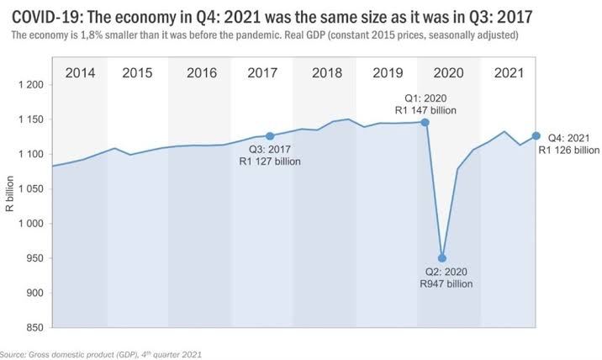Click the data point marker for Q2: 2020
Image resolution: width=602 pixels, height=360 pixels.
pyautogui.click(x=442, y=258)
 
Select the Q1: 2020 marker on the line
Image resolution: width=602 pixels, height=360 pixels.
pyautogui.click(x=425, y=122)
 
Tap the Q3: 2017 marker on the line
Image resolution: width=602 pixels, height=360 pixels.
pyautogui.click(x=270, y=135)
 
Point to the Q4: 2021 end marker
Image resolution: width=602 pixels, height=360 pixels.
pyautogui.click(x=536, y=135)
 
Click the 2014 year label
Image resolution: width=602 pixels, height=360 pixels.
pyautogui.click(x=81, y=72)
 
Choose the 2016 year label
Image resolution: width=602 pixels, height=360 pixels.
pyautogui.click(x=202, y=72)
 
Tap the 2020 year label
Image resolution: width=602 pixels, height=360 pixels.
pyautogui.click(x=449, y=72)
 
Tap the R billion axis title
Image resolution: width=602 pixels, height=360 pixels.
pyautogui.click(x=10, y=206)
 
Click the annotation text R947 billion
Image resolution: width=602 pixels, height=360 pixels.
pyautogui.click(x=446, y=284)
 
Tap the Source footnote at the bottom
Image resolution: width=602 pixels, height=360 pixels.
pyautogui.click(x=101, y=354)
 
